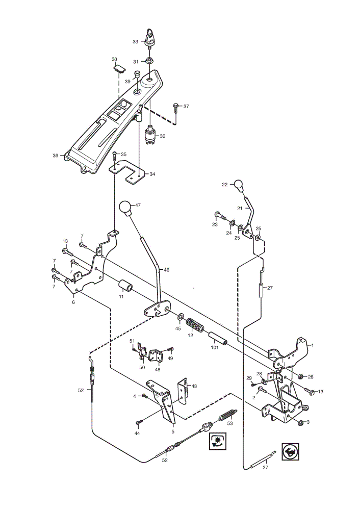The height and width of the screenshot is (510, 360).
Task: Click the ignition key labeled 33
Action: pos(149,39)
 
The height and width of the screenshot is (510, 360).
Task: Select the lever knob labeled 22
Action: pos(239,186)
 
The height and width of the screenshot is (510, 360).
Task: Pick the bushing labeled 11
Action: pos(125,285)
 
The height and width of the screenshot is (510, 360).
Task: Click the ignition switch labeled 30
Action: pos(150,134)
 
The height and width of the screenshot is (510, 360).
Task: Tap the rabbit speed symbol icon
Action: pos(291,451)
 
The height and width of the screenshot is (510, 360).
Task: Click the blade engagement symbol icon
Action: pos(218,441)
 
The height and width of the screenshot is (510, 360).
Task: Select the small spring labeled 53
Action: pos(227,414)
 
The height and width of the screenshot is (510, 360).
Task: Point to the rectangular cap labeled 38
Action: pos(119,68)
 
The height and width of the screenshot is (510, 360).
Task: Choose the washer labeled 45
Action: pos(181,316)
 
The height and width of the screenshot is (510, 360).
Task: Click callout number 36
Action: pos(55,156)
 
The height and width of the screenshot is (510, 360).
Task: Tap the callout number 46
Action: pos(167,270)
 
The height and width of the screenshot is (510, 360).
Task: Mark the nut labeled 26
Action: pos(301,376)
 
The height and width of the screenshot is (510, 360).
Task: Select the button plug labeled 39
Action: pos(137,74)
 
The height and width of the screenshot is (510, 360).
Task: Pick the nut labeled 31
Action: pos(150,61)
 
